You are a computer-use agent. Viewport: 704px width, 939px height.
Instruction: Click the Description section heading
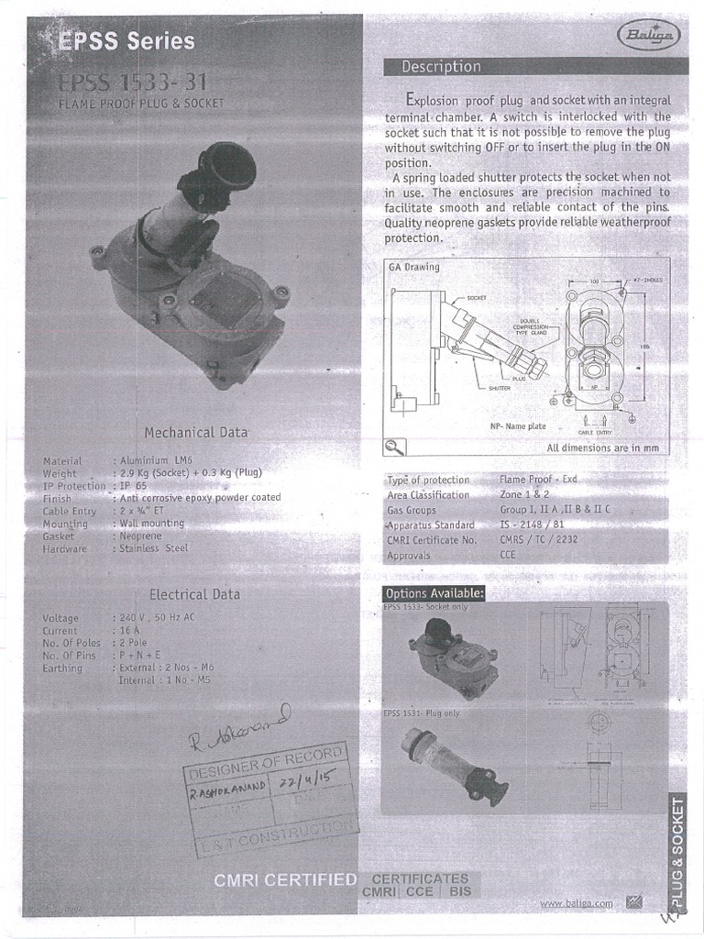[441, 67]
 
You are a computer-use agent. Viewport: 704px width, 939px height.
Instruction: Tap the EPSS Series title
[126, 41]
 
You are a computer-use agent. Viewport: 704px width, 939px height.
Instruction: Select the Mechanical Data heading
[195, 432]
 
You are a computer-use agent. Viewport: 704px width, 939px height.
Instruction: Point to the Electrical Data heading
[195, 594]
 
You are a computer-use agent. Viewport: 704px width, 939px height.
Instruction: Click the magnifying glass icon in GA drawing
[395, 447]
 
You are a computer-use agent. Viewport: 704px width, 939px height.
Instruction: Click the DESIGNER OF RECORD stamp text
[265, 760]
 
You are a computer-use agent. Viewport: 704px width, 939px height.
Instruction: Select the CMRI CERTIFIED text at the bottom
[285, 880]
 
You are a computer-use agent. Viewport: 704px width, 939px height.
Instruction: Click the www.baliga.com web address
[576, 903]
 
